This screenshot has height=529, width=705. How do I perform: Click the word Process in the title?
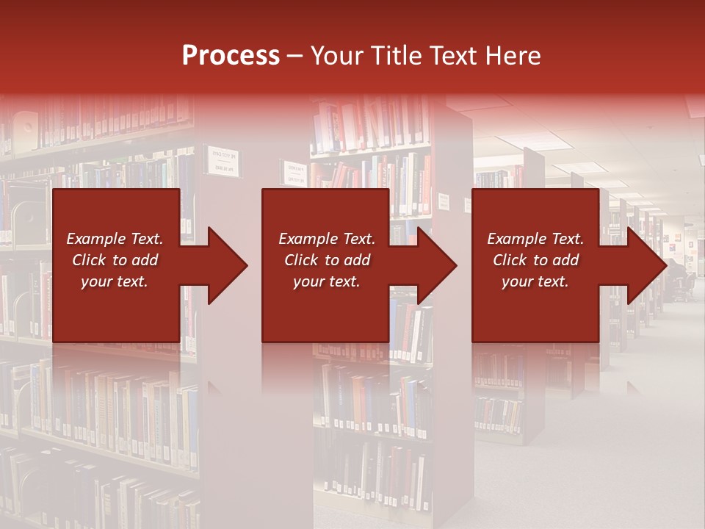(x=231, y=56)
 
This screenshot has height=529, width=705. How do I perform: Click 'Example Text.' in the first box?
(x=115, y=239)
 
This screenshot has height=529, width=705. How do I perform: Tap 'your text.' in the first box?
(x=115, y=281)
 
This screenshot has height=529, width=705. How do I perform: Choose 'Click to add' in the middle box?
(x=327, y=260)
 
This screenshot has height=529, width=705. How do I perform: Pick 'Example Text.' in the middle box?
(x=327, y=239)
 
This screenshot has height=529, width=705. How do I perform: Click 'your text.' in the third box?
(x=535, y=281)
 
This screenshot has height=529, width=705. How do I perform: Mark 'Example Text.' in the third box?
(x=535, y=239)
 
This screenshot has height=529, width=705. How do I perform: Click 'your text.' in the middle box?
(x=327, y=281)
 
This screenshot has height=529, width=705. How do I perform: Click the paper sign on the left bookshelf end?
(x=223, y=162)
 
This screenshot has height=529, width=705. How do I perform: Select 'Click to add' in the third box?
(x=535, y=260)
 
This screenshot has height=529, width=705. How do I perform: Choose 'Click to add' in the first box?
(x=115, y=260)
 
